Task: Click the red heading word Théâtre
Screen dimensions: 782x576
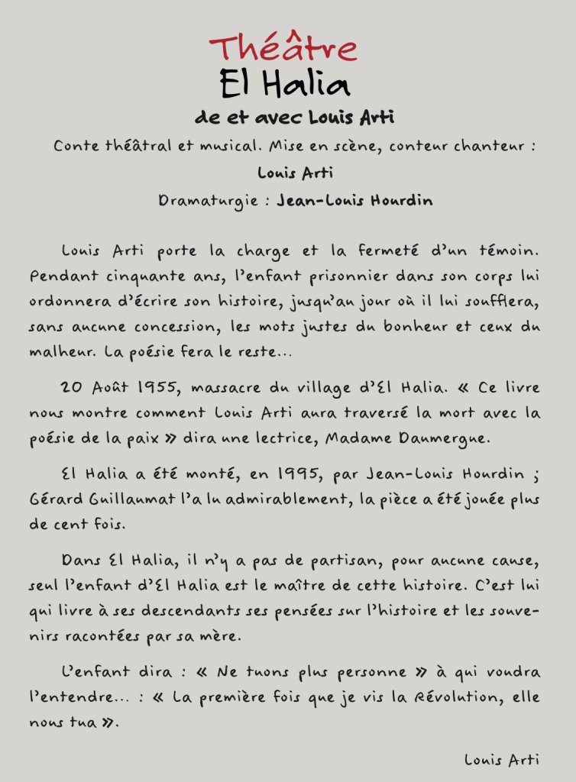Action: click(284, 48)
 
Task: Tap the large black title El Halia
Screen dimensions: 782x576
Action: click(285, 84)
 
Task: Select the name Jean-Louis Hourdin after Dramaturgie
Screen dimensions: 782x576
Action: click(354, 201)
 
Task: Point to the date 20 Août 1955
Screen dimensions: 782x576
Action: click(121, 387)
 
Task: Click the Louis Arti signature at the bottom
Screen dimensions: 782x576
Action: click(502, 759)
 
